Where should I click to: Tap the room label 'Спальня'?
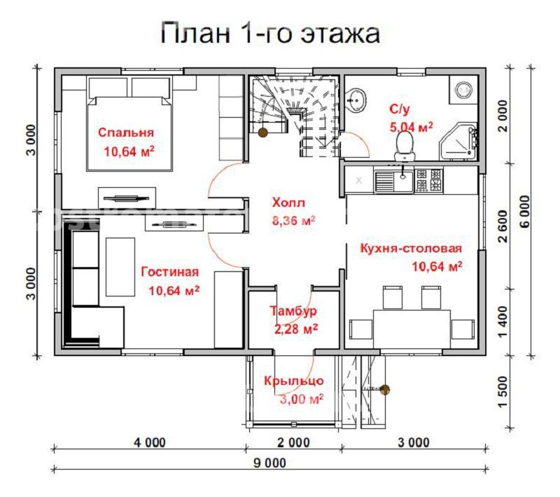[x=126, y=132]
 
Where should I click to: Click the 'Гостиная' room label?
[x=169, y=272]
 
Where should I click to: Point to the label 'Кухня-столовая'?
[x=411, y=248]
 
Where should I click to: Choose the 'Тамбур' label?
[x=293, y=311]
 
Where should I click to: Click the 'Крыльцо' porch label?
[x=293, y=381]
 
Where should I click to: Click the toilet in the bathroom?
[x=403, y=144]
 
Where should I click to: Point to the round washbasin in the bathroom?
[x=358, y=100]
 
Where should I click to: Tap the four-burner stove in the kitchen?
[x=428, y=181]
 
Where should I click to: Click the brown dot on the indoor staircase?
[x=262, y=132]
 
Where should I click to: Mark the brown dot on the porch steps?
[x=384, y=389]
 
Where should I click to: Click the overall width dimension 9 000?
[x=269, y=462]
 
